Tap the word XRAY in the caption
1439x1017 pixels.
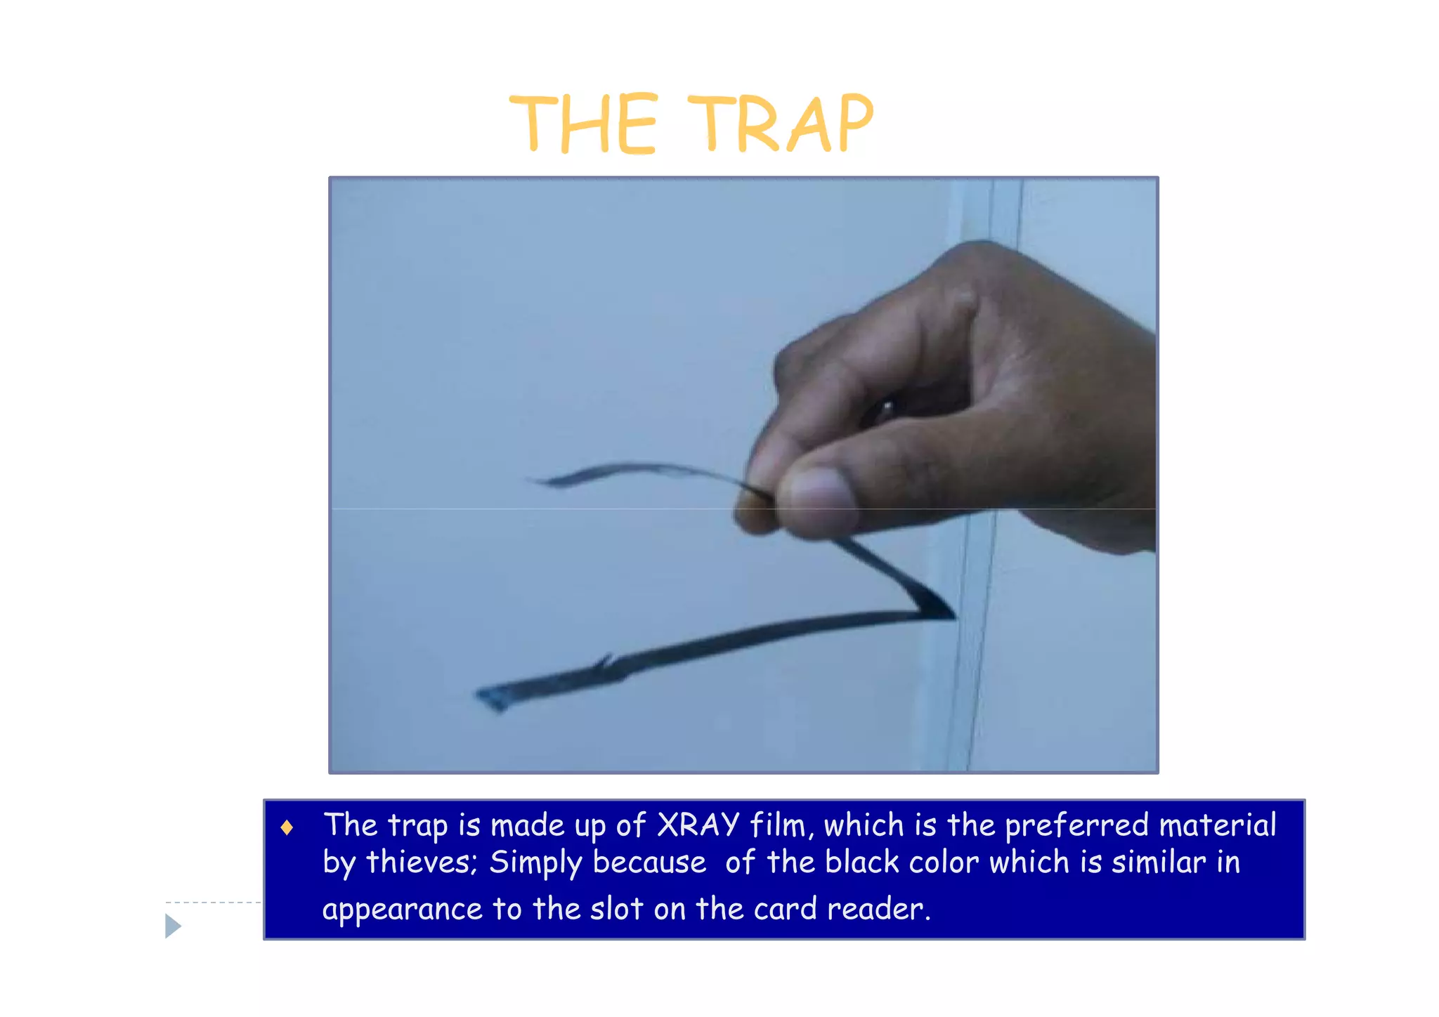(x=698, y=825)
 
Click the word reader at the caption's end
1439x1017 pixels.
(x=878, y=910)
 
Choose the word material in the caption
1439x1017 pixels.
(x=1217, y=825)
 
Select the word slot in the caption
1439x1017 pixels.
(x=616, y=910)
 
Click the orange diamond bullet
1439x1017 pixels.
(x=287, y=828)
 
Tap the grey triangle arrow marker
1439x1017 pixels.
(x=172, y=926)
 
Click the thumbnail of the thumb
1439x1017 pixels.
(x=819, y=492)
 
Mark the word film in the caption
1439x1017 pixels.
(x=777, y=825)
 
